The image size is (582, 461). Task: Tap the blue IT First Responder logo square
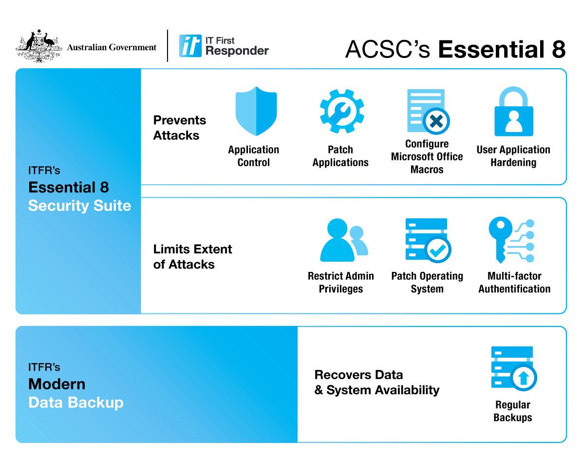tap(190, 46)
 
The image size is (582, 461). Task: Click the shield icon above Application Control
tap(256, 112)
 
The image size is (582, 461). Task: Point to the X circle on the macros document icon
tap(436, 121)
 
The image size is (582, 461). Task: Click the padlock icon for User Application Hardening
tap(513, 113)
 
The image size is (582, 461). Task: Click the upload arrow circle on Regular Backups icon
tap(523, 377)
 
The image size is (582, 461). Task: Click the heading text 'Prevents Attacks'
tap(180, 128)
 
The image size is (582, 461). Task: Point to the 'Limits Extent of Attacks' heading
tap(192, 257)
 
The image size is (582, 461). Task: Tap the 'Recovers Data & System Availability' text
tap(376, 383)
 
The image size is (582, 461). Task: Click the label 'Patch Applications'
tap(340, 156)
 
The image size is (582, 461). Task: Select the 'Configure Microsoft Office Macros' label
tap(427, 156)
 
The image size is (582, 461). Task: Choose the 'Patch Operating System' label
tap(427, 282)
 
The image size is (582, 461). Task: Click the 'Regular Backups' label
tap(512, 411)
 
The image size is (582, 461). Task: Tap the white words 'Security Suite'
tap(80, 206)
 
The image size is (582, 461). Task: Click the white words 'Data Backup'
tap(76, 403)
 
